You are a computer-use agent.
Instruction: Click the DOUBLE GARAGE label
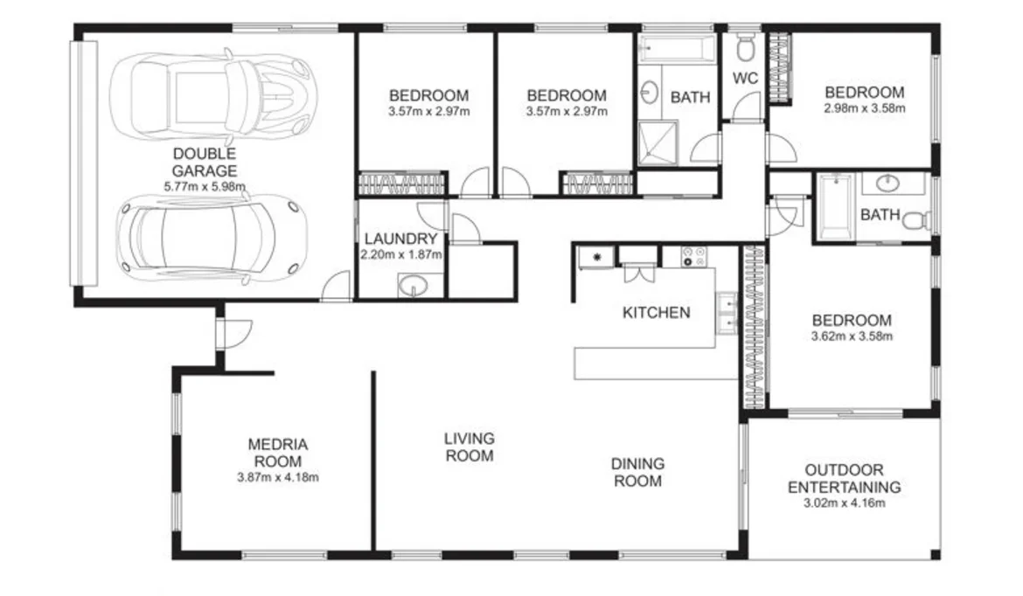click(205, 163)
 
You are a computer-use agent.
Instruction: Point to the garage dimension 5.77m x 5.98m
click(205, 186)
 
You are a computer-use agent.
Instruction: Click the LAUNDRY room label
click(400, 239)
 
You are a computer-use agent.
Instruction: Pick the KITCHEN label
click(656, 312)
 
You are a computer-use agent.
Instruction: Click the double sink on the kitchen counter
click(726, 315)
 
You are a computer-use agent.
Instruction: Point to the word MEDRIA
click(278, 444)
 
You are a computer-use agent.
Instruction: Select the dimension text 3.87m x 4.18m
click(278, 478)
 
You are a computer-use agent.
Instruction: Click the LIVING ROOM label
click(469, 447)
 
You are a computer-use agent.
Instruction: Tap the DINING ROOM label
click(637, 472)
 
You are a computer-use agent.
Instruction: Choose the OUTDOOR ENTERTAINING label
click(844, 478)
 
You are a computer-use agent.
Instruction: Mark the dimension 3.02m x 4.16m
click(844, 503)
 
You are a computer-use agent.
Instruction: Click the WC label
click(744, 77)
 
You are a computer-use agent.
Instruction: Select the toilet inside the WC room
click(746, 45)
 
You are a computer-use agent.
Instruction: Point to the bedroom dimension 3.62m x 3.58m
click(851, 336)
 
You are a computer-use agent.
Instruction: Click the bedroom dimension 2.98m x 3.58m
click(863, 109)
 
